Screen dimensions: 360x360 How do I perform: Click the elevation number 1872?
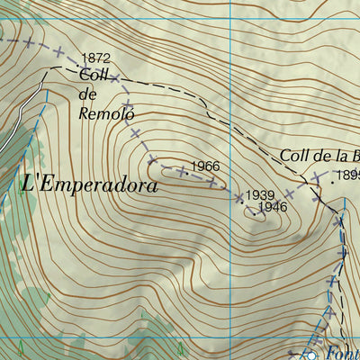click(95, 58)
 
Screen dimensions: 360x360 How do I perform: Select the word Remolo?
click(106, 114)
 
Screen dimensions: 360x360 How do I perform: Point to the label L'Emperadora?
click(88, 185)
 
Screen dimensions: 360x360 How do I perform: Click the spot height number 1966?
click(204, 166)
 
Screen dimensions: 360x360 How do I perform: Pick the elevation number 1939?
click(260, 195)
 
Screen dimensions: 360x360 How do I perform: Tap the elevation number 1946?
click(272, 208)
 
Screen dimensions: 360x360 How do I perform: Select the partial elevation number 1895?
click(348, 175)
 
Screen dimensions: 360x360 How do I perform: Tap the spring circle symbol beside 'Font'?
click(311, 354)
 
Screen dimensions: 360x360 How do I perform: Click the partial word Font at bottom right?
click(341, 354)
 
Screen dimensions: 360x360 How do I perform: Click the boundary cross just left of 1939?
click(239, 197)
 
